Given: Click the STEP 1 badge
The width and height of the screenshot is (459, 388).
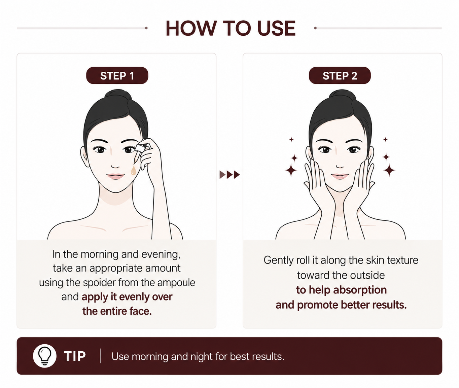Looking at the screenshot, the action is tap(117, 75).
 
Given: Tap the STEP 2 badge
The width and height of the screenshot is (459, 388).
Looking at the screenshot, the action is tap(340, 75).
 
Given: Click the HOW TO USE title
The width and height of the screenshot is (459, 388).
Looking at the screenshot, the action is tap(231, 28).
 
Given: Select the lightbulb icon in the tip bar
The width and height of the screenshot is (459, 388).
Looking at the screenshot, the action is tap(45, 356).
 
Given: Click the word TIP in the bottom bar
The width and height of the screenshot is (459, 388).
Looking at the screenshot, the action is tap(75, 356).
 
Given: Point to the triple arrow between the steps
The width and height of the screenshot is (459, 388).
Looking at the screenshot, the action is tap(229, 175).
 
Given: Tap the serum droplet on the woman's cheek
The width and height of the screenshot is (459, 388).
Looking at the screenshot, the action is tap(133, 171).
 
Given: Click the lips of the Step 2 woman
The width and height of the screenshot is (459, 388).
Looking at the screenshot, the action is tap(340, 176).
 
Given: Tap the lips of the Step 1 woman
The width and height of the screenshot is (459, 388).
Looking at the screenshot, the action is tap(116, 176).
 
